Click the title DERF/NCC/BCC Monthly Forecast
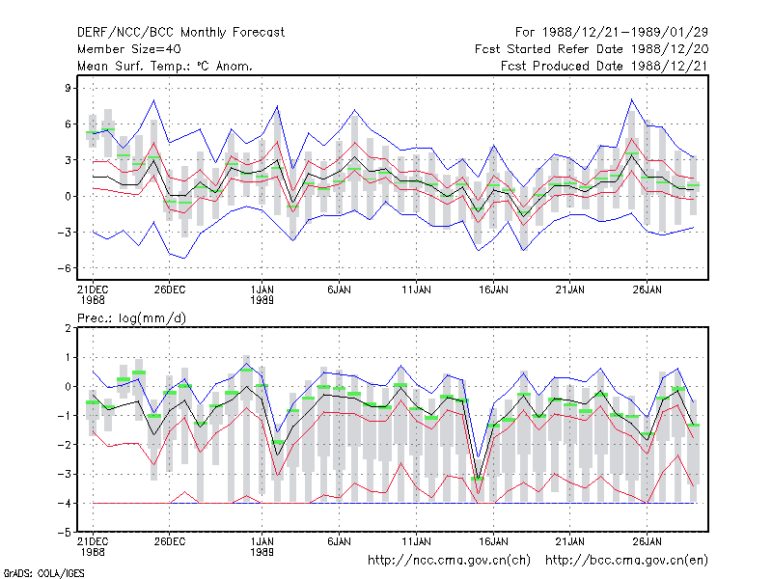point(180,33)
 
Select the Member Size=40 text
point(129,49)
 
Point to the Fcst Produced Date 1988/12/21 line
point(604,66)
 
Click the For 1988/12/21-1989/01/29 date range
point(612,33)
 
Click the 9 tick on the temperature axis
point(68,88)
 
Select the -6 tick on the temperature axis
point(64,268)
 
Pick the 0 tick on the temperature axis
point(68,197)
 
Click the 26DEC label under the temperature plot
point(170,289)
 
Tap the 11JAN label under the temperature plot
point(416,289)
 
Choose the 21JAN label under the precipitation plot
point(569,541)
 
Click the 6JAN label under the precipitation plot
point(339,541)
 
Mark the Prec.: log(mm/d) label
point(131,318)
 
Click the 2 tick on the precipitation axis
point(68,328)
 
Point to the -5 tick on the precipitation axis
point(64,533)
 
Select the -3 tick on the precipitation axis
point(64,474)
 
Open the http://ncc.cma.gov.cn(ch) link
point(449,561)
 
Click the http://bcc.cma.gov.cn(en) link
point(626,561)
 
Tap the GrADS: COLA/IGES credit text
point(43,573)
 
